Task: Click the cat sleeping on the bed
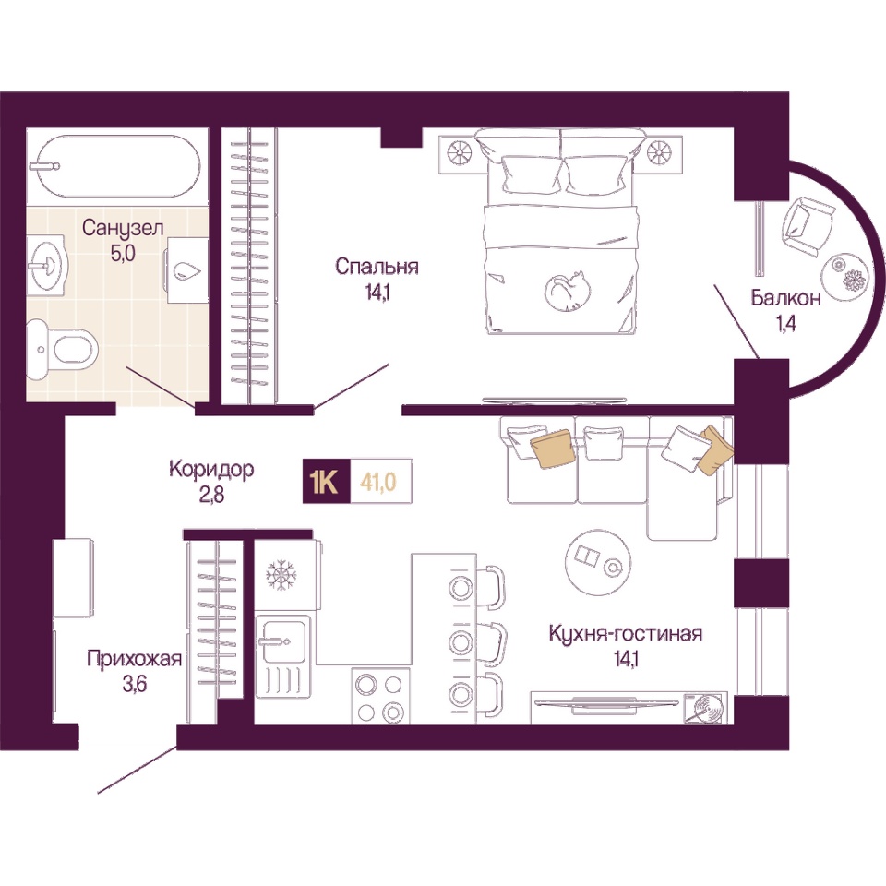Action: pos(568,292)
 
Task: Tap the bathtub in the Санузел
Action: pos(118,166)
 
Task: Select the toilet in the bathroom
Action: pos(62,349)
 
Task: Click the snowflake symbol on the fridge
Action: pos(281,575)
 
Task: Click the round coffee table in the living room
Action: pos(598,562)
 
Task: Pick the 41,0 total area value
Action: pos(381,482)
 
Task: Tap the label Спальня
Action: pos(377,266)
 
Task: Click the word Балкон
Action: pos(785,298)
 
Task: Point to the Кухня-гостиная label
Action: pos(626,633)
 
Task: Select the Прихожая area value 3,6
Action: pos(135,684)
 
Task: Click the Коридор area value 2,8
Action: pos(211,494)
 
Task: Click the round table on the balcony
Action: pos(845,273)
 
